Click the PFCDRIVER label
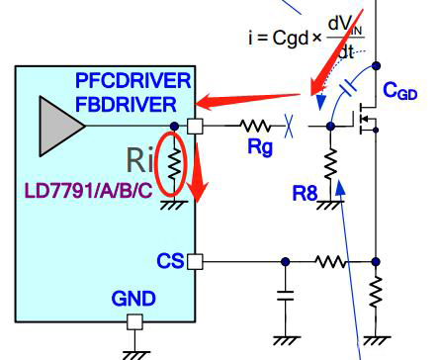[133, 81]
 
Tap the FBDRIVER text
[126, 105]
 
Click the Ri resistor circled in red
[174, 164]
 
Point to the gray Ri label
[139, 160]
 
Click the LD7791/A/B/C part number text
[89, 191]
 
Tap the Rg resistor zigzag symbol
[255, 126]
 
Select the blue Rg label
[260, 146]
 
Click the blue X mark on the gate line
[289, 126]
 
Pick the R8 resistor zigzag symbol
[330, 164]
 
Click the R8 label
[305, 193]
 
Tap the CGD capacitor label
[400, 91]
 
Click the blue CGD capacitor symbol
[348, 87]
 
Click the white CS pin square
[195, 262]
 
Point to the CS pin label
[170, 261]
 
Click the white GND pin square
[134, 322]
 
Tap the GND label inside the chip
[133, 299]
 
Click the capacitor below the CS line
[286, 296]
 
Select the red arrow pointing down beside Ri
[197, 172]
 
